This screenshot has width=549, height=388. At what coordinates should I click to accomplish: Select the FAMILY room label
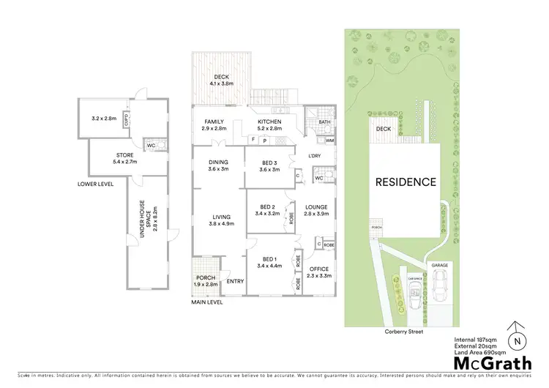(214, 122)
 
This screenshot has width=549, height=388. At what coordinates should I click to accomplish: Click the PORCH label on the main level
(206, 277)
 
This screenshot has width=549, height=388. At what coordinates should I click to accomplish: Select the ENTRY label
(235, 281)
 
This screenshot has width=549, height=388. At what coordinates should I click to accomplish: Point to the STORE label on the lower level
(125, 154)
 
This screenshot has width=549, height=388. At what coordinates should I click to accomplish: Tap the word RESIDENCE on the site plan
(406, 182)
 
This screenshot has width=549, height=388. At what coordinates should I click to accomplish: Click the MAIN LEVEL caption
(207, 302)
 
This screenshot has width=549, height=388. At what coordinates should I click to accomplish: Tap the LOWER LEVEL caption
(95, 184)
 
